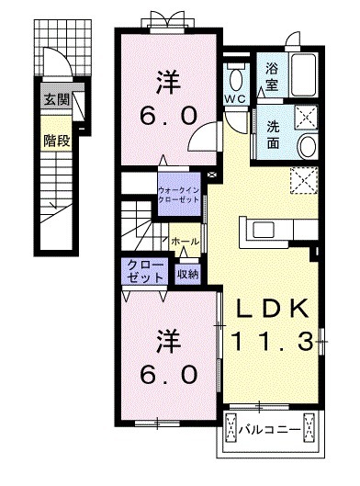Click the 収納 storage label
pyautogui.click(x=187, y=272)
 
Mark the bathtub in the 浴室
pyautogui.click(x=302, y=72)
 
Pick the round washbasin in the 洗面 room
pyautogui.click(x=306, y=148)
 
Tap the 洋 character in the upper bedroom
pyautogui.click(x=166, y=80)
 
